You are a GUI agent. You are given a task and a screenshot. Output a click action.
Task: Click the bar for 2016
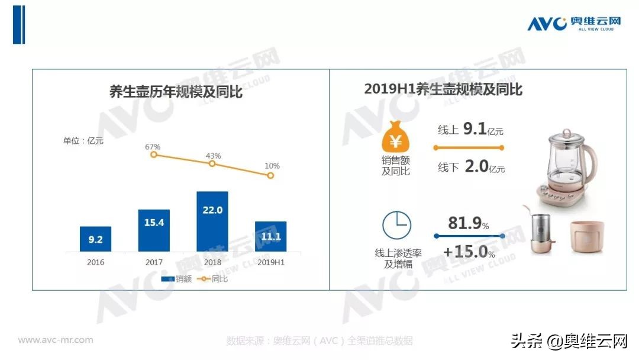click(95, 239)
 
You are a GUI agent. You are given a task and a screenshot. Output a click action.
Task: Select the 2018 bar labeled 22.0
click(212, 221)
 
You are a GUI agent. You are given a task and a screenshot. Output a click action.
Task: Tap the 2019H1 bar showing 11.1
click(270, 236)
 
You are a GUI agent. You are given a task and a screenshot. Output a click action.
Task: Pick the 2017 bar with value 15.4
click(154, 230)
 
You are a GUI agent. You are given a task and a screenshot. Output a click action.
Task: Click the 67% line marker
click(153, 155)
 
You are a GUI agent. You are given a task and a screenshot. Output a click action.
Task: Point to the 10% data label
click(272, 166)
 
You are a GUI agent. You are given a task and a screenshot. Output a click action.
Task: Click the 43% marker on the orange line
click(212, 163)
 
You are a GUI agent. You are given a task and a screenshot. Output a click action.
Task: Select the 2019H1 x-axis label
click(270, 262)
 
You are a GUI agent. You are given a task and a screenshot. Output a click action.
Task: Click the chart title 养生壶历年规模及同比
click(176, 92)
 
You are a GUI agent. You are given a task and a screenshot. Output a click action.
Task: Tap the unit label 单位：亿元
click(83, 141)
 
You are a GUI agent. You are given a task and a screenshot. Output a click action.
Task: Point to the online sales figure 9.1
click(475, 129)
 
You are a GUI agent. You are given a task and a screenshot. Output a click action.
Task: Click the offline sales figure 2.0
click(476, 167)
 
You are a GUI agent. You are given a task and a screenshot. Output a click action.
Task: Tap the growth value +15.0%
click(469, 252)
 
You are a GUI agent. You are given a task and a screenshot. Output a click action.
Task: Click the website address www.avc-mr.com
click(56, 340)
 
